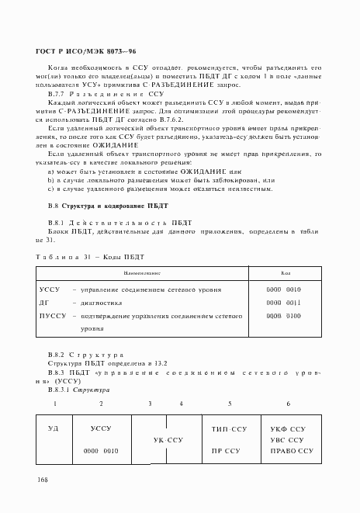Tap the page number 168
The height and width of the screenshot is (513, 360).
[42, 482]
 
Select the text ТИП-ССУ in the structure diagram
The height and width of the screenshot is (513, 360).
[229, 428]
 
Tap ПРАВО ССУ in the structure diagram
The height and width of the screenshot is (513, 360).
[291, 450]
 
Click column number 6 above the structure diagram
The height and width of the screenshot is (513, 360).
[288, 404]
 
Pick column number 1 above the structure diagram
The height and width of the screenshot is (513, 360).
[54, 404]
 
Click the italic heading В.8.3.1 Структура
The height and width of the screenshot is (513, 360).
[81, 390]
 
